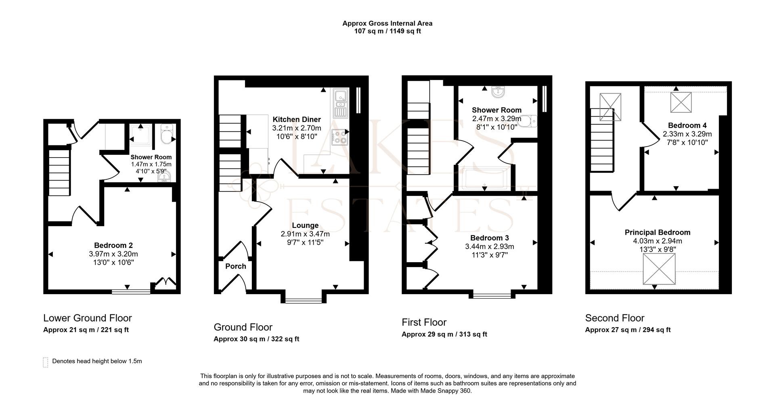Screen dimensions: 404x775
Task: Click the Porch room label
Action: (x=235, y=266)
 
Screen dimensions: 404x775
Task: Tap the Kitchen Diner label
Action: (x=297, y=120)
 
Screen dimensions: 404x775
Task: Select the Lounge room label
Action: (x=305, y=225)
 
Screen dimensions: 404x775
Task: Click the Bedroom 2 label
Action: (x=113, y=245)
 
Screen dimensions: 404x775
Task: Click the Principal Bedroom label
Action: (x=657, y=232)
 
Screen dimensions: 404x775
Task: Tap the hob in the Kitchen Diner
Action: (x=339, y=137)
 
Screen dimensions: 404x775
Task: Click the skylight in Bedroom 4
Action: (x=681, y=102)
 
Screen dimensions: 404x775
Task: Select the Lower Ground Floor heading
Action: (x=88, y=318)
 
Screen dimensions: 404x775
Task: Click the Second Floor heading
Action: (x=614, y=318)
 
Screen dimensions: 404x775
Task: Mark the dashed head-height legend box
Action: (x=46, y=362)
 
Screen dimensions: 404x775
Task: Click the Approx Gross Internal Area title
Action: (x=387, y=23)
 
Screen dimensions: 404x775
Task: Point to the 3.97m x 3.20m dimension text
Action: (x=113, y=254)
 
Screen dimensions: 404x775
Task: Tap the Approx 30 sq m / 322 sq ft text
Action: (x=256, y=339)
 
